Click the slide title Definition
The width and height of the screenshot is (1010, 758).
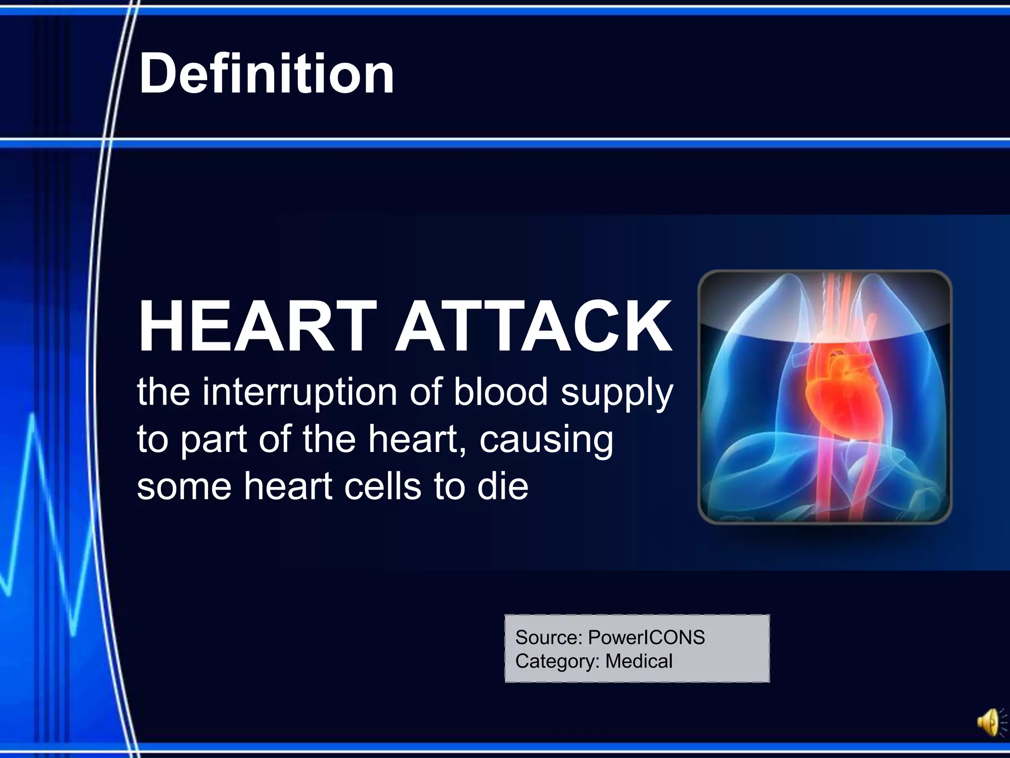(x=267, y=74)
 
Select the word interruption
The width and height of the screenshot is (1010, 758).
(x=299, y=392)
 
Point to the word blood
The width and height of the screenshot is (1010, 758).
(x=501, y=392)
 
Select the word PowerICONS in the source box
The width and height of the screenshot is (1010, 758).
(x=646, y=638)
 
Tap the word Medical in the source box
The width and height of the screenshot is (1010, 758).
(x=639, y=661)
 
